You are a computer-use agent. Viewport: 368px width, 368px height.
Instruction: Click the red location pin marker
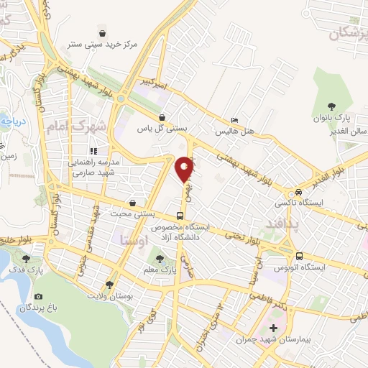tap(185, 168)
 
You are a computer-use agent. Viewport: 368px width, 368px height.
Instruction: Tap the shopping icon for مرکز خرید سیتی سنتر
tap(103, 33)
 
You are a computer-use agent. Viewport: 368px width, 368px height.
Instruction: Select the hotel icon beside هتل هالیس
tap(236, 120)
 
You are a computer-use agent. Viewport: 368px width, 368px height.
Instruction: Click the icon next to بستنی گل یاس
tap(163, 117)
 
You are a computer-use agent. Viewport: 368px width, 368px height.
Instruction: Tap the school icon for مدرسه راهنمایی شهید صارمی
tap(93, 151)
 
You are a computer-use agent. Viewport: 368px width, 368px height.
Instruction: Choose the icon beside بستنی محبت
tap(132, 204)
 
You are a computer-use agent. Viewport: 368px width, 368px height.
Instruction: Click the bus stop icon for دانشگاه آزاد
tap(180, 215)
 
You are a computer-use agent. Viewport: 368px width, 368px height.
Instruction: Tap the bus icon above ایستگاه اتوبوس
tap(299, 256)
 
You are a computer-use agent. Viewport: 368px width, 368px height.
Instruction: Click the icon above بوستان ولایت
tap(109, 285)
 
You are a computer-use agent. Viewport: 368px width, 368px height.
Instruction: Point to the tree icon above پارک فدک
tap(27, 259)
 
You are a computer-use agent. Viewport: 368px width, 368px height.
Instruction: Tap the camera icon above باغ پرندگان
tap(37, 296)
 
